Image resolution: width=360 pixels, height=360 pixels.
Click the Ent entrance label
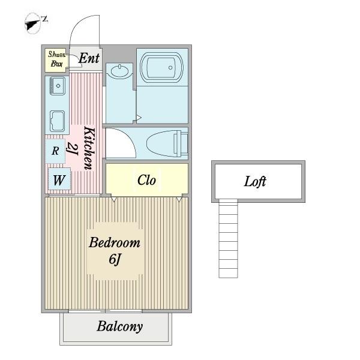(x=89, y=58)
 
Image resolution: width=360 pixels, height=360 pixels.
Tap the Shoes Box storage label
(x=56, y=59)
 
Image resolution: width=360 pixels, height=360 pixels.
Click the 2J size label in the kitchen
(x=73, y=149)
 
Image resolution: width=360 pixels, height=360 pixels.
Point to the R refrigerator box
(x=55, y=151)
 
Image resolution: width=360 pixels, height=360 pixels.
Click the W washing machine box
(x=59, y=179)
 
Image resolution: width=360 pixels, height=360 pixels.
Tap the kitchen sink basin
(x=58, y=86)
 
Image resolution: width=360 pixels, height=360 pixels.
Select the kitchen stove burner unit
(x=57, y=121)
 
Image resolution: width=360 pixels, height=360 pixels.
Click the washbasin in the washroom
(x=119, y=70)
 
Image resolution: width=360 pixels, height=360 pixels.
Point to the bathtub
(x=162, y=67)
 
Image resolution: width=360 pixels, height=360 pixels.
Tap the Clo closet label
(x=146, y=180)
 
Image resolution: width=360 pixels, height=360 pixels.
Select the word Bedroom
(x=115, y=242)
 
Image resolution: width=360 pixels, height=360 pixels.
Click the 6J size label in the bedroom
(x=115, y=259)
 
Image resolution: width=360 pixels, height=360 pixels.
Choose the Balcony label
(x=119, y=326)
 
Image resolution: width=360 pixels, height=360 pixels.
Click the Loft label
(x=255, y=182)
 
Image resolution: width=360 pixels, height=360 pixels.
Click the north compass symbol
(x=34, y=23)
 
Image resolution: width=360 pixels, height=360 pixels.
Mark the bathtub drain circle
(x=170, y=67)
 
